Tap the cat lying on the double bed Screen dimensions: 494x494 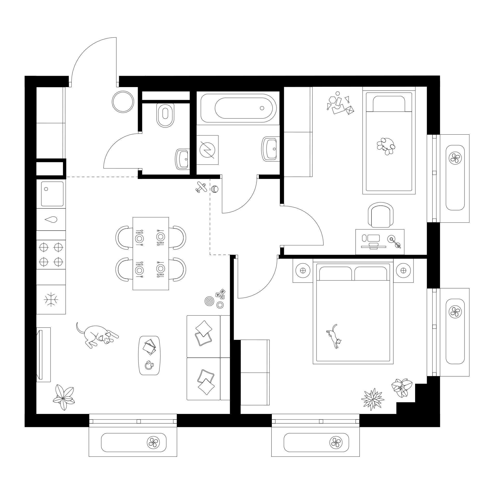tap(334, 336)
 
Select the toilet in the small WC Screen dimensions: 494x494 tap(165, 115)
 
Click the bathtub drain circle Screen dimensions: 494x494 tap(262, 108)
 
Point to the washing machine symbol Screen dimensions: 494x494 tap(207, 150)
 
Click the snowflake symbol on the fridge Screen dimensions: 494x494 tap(51, 299)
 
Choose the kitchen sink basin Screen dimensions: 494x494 tap(52, 194)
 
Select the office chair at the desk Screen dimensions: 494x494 tap(380, 214)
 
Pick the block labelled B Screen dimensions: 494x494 tap(223, 291)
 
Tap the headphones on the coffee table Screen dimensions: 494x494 tap(149, 365)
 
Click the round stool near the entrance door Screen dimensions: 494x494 tap(123, 102)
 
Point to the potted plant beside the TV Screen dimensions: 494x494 tap(64, 397)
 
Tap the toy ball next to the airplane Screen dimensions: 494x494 tap(215, 189)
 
